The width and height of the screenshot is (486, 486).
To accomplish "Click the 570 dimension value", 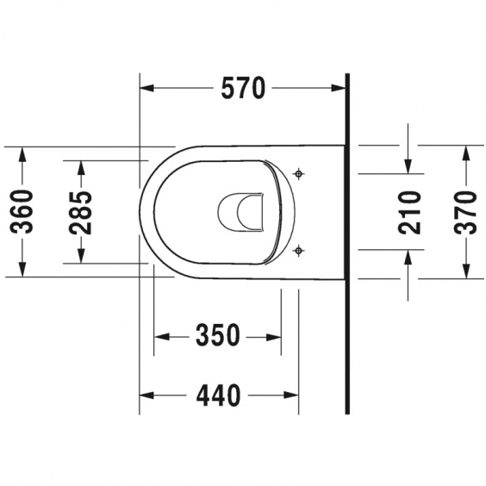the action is click(243, 88).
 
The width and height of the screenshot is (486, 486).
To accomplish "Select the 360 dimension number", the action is click(22, 212).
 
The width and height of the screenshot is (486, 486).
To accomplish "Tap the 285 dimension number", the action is click(81, 213).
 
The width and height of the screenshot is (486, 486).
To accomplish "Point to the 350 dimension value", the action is click(218, 335).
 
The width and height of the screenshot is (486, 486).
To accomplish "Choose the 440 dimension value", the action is click(218, 396).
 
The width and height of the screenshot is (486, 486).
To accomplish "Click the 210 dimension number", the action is click(410, 212).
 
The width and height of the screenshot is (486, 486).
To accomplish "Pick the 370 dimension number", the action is click(465, 212).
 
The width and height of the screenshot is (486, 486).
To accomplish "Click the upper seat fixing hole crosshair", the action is click(298, 174).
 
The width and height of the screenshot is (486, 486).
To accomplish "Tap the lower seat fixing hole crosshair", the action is click(298, 250).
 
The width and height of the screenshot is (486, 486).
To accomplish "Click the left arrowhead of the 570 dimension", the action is click(146, 88).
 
